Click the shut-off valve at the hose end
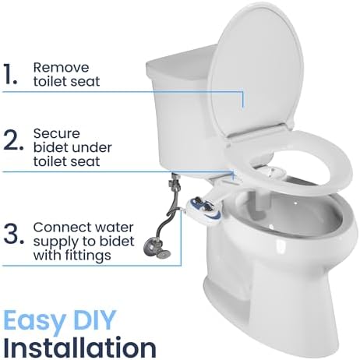pos(160,252)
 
